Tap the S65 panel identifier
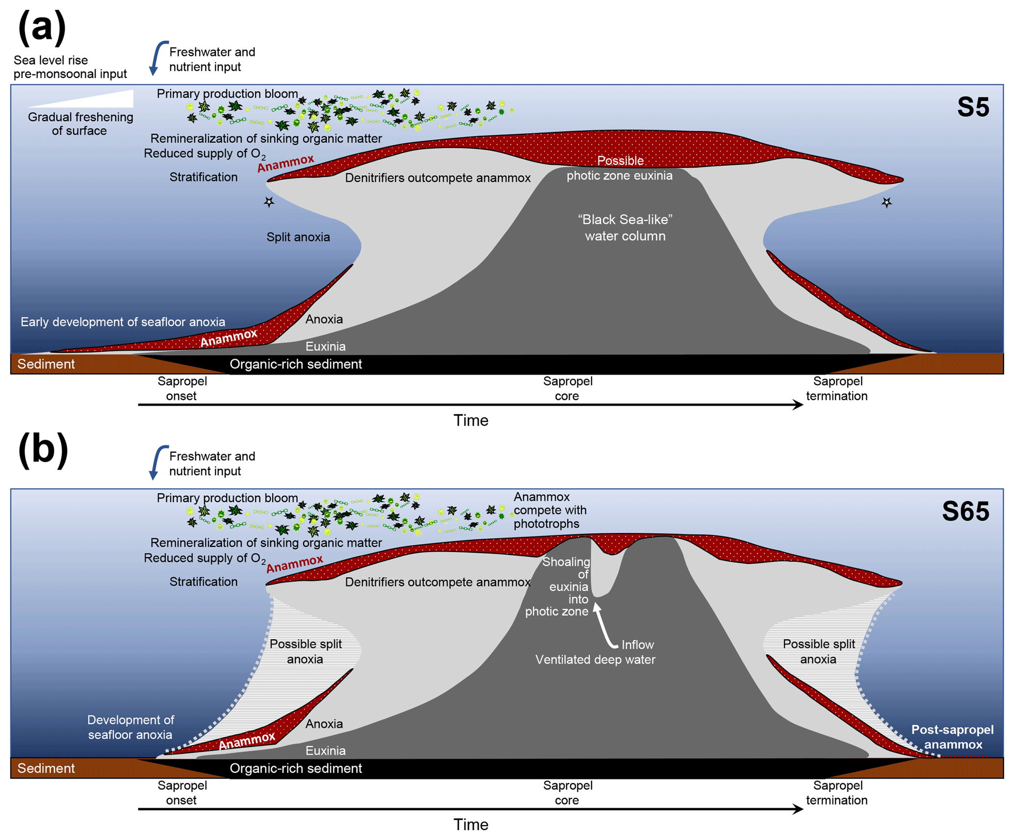tap(964, 511)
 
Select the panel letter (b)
tap(43, 450)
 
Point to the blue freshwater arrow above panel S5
tap(156, 58)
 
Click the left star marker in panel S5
tap(269, 202)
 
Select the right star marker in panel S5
tap(886, 202)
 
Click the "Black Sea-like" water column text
tap(624, 228)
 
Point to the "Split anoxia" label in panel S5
tap(298, 237)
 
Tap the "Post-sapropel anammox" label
tap(952, 737)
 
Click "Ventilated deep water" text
tap(595, 660)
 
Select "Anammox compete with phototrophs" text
tap(549, 510)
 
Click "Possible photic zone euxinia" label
tap(620, 168)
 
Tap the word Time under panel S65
tap(470, 824)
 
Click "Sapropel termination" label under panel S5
tap(836, 388)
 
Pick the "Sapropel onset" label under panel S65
tap(182, 792)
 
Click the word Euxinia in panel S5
tap(325, 347)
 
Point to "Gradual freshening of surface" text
tap(80, 124)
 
